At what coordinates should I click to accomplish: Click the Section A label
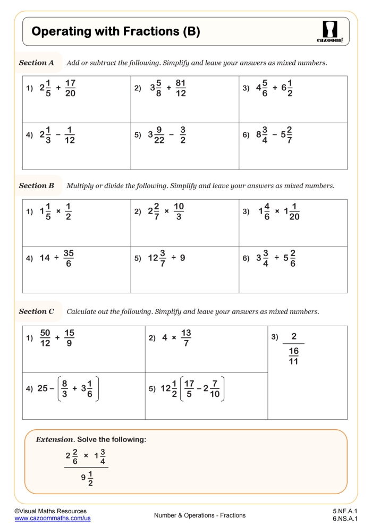point(36,63)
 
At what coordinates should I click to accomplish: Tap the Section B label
point(36,186)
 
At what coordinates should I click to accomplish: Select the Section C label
point(36,311)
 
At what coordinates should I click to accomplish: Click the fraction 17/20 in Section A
point(71,89)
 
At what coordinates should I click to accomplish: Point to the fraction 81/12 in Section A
point(180,89)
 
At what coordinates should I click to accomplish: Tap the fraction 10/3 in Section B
point(179,211)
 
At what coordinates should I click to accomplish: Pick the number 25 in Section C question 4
point(43,388)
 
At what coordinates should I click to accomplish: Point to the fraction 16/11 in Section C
point(293,357)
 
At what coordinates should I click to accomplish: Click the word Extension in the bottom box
point(54,440)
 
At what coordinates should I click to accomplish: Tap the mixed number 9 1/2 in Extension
point(87,477)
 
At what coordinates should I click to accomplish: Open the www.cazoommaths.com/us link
point(52,518)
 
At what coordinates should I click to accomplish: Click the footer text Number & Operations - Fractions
point(200,515)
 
